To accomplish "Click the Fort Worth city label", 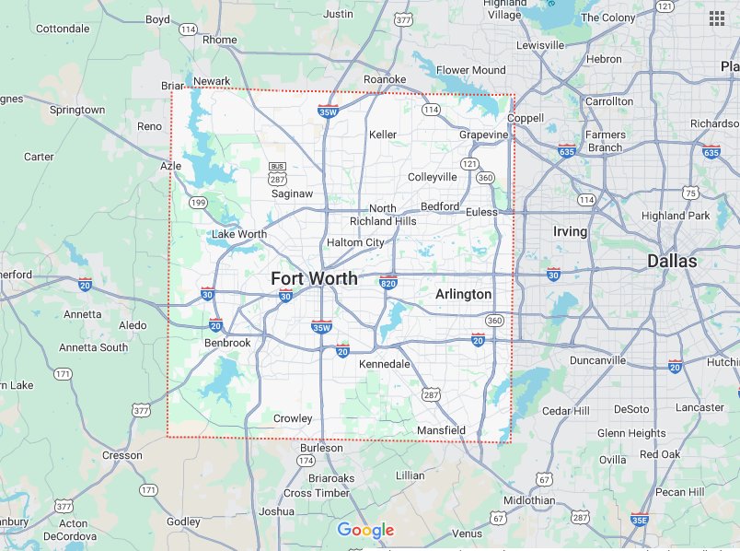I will pyautogui.click(x=314, y=278).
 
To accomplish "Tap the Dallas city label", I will pyautogui.click(x=672, y=261).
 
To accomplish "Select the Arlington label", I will pyautogui.click(x=463, y=294).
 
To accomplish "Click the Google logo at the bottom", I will pyautogui.click(x=365, y=530).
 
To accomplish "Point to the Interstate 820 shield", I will pyautogui.click(x=388, y=280).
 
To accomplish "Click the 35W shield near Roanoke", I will pyautogui.click(x=327, y=111).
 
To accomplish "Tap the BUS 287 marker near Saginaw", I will pyautogui.click(x=277, y=171).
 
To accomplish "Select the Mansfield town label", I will pyautogui.click(x=442, y=430).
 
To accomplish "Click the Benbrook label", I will pyautogui.click(x=226, y=343).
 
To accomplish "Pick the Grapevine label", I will pyautogui.click(x=483, y=135).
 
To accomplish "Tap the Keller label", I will pyautogui.click(x=382, y=135).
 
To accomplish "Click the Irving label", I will pyautogui.click(x=570, y=231).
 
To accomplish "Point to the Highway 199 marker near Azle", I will pyautogui.click(x=197, y=201).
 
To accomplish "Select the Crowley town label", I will pyautogui.click(x=293, y=418).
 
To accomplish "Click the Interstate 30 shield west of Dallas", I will pyautogui.click(x=553, y=274).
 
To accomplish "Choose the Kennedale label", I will pyautogui.click(x=384, y=365).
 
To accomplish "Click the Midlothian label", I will pyautogui.click(x=530, y=500).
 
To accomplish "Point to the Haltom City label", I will pyautogui.click(x=355, y=242).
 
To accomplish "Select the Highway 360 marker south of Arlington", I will pyautogui.click(x=495, y=321).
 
